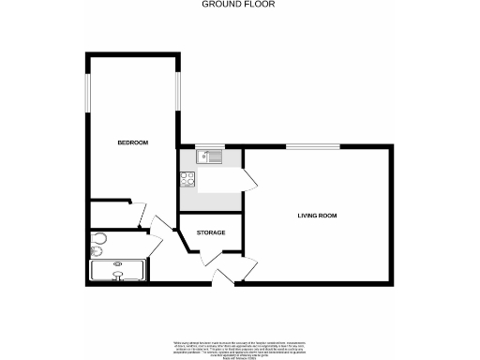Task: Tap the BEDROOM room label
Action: [132, 142]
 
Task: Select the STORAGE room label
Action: [211, 232]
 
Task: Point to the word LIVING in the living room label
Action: [307, 216]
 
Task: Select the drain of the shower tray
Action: [117, 265]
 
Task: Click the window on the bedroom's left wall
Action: [88, 93]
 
